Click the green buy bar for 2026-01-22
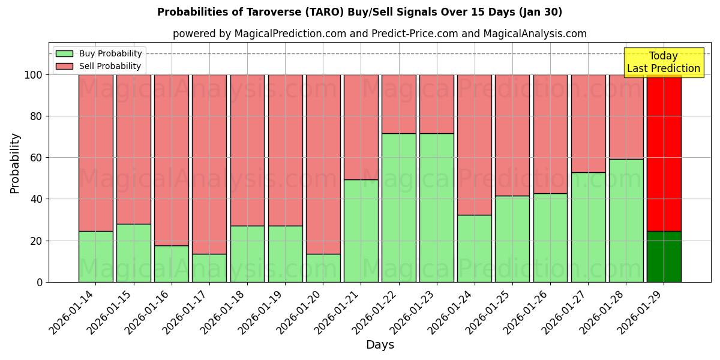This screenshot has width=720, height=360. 398,208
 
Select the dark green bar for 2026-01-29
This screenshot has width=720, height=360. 664,257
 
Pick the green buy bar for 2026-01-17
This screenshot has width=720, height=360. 209,268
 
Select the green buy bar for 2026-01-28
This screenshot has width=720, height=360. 626,221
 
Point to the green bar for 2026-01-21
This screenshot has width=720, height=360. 361,231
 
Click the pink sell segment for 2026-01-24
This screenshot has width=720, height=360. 474,145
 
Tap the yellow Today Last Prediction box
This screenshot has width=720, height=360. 663,62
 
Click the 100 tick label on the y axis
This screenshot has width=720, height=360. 33,75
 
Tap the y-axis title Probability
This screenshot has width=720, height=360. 15,163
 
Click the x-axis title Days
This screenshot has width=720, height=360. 380,345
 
